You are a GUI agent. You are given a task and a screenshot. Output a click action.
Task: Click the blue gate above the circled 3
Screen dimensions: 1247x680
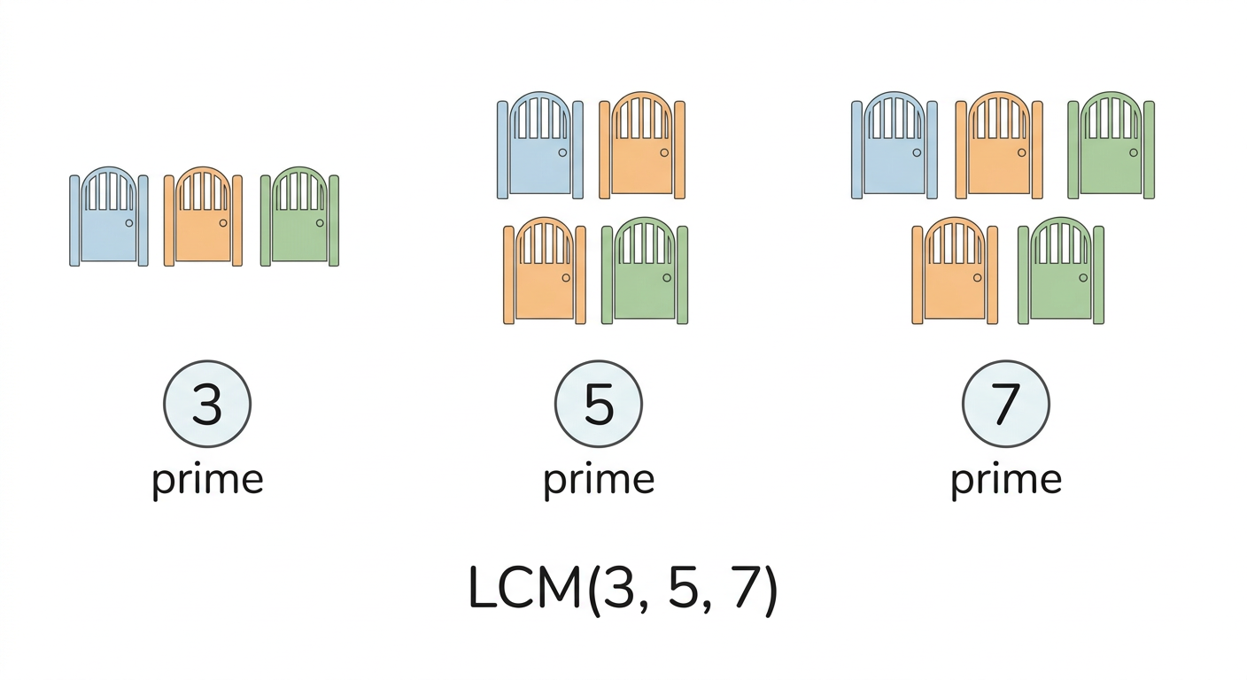[109, 216]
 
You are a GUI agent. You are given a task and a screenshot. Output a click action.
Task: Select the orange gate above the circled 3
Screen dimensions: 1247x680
[203, 216]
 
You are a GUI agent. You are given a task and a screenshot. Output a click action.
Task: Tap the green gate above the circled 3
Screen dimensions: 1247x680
[299, 216]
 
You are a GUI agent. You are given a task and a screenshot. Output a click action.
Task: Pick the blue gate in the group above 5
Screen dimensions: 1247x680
[540, 145]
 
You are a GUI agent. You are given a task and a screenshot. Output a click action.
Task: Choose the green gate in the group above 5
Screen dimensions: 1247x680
[645, 270]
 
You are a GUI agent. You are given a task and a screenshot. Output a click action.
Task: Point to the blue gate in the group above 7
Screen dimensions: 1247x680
[894, 145]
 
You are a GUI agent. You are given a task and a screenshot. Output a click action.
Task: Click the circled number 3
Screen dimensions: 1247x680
[207, 404]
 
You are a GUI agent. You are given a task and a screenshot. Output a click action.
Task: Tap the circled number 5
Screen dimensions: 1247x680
[599, 404]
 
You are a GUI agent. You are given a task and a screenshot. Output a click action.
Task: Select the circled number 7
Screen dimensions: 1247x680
[1006, 404]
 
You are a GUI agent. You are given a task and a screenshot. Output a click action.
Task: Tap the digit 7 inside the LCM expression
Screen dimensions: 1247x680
[745, 588]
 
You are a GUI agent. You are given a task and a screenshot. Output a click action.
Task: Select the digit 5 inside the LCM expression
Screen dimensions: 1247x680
[683, 588]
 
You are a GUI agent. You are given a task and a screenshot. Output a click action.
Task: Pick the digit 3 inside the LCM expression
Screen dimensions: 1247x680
[619, 588]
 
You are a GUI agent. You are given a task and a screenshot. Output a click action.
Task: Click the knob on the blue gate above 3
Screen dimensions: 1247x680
[129, 223]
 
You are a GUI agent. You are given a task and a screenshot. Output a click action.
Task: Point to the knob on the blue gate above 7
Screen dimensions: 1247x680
[917, 152]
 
